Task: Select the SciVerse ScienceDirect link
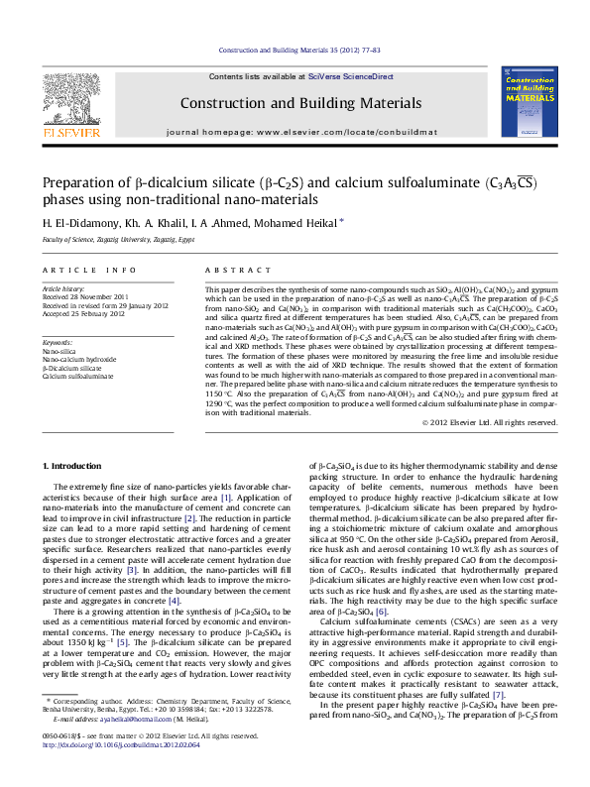tap(350, 76)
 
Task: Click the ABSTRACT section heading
tap(225, 270)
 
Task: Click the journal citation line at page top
tap(298, 48)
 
